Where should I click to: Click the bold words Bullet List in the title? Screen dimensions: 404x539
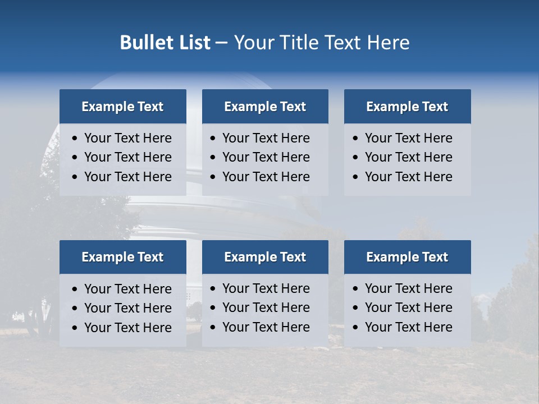tap(165, 43)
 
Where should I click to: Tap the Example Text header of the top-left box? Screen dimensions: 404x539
tap(122, 107)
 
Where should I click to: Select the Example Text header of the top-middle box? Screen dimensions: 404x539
tap(265, 107)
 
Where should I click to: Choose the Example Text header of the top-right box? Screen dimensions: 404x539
tap(407, 107)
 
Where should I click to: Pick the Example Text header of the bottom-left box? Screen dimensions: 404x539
tap(122, 257)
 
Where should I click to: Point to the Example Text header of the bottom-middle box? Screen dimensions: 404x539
tap(265, 257)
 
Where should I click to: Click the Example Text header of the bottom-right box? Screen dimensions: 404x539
tap(407, 257)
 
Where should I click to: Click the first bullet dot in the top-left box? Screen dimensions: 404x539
tap(75, 139)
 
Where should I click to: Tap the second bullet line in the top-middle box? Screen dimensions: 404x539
tap(266, 157)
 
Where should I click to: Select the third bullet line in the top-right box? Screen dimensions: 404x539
tap(408, 177)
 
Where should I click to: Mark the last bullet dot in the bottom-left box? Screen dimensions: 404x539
tap(75, 328)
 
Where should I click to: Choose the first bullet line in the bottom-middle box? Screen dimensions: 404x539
tap(266, 288)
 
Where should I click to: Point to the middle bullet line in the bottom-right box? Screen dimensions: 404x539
tap(408, 307)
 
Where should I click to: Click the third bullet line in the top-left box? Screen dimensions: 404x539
tap(127, 177)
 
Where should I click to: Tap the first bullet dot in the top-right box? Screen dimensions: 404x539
tap(355, 139)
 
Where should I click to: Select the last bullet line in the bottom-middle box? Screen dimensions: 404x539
tap(266, 327)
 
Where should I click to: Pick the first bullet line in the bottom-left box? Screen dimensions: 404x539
tap(127, 289)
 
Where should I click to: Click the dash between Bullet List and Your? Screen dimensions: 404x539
tap(221, 43)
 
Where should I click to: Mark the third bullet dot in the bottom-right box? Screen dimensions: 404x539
tap(355, 328)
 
